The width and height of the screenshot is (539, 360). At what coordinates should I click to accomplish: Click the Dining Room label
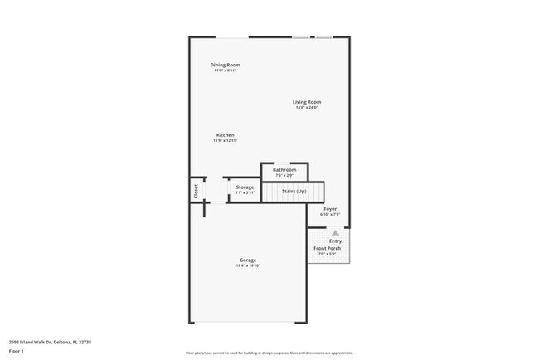point(225,65)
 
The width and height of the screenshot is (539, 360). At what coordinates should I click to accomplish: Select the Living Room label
point(306,102)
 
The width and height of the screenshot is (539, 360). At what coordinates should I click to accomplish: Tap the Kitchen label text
point(225,135)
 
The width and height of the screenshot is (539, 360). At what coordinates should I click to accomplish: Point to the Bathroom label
point(284,170)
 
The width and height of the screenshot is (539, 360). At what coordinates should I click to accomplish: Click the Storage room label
point(245,187)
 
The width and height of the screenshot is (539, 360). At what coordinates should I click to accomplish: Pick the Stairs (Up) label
point(294,192)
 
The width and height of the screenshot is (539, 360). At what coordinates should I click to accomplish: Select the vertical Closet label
point(197,190)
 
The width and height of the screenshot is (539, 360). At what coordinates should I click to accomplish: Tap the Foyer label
point(329,209)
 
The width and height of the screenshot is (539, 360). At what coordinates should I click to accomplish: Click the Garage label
point(248,260)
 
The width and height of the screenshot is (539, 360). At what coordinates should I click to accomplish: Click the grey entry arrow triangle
point(335,234)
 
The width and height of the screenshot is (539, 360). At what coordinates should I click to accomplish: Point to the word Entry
point(335,241)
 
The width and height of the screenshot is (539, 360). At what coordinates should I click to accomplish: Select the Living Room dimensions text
point(306,108)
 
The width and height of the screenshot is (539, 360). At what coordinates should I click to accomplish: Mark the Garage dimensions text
point(248,266)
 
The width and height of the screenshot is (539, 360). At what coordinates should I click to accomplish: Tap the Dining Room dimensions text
point(225,71)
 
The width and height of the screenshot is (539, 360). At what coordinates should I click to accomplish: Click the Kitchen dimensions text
point(225,141)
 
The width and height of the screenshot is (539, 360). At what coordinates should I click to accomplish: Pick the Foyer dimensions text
point(329,215)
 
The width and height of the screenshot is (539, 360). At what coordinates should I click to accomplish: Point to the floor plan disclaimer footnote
point(269,352)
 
